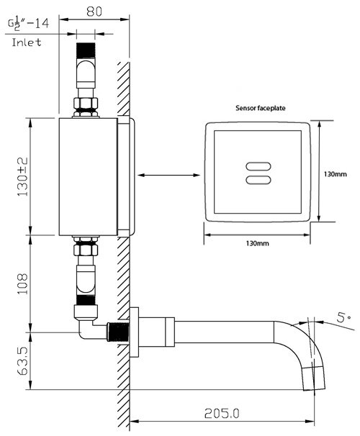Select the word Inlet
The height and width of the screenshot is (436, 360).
tap(26, 42)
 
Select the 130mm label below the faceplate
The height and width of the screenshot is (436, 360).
tap(256, 243)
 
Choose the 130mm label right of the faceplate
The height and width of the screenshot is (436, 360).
tap(336, 173)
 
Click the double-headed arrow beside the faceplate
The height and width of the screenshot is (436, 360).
tap(167, 175)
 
